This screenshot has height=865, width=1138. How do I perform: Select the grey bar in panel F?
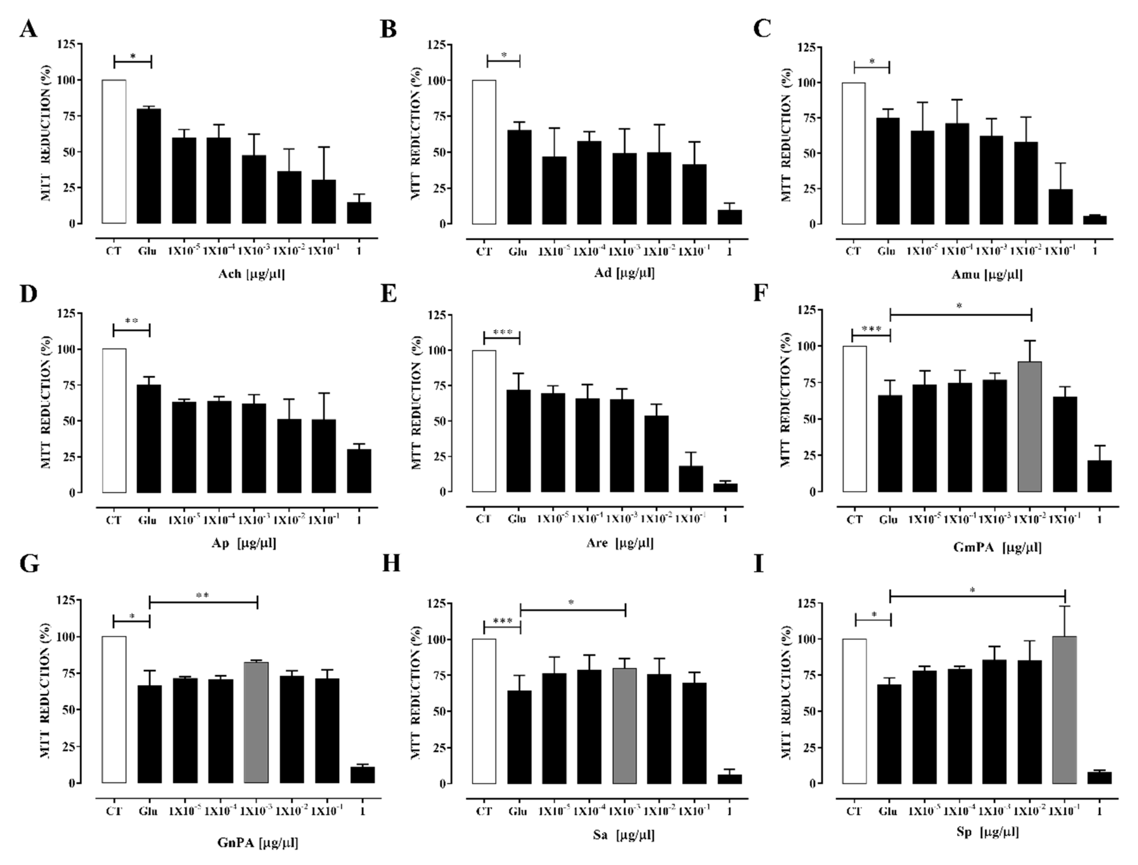pyautogui.click(x=1030, y=426)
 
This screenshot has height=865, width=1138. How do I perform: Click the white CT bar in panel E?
pyautogui.click(x=484, y=421)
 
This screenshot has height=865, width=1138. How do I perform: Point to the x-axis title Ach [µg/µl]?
pyautogui.click(x=251, y=273)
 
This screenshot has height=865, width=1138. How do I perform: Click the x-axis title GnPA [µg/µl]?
pyautogui.click(x=258, y=842)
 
